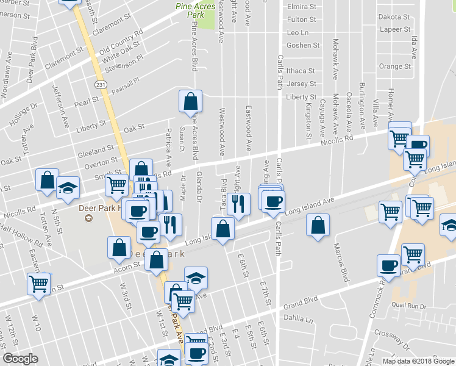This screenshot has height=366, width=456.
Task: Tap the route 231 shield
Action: click(x=99, y=82)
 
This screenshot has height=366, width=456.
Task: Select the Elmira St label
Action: click(x=301, y=7)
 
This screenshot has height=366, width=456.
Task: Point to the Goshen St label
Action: click(x=303, y=45)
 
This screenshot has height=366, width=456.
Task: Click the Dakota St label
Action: click(x=394, y=17)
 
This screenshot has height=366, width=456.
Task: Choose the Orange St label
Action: click(x=391, y=66)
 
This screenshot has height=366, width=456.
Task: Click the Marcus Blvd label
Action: click(x=340, y=262)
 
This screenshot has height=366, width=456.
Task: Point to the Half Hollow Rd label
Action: click(x=21, y=235)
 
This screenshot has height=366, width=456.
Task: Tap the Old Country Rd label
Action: click(x=121, y=40)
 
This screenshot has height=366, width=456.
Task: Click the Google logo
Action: click(x=20, y=359)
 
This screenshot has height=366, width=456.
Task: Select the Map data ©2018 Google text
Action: click(x=418, y=361)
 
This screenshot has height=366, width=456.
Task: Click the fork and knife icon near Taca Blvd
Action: click(x=238, y=204)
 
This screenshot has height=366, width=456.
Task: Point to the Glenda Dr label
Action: click(x=199, y=187)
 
